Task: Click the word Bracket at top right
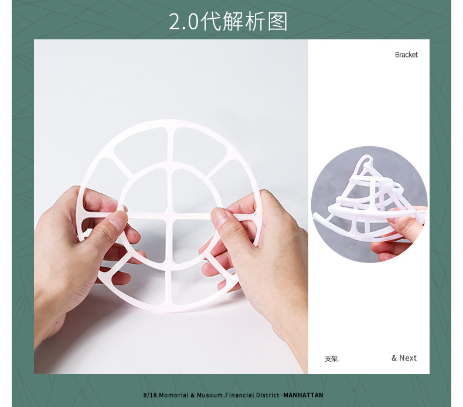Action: [x=406, y=55]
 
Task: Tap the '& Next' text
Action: [x=404, y=358]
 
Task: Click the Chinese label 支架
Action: [x=331, y=358]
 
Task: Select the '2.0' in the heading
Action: [x=183, y=22]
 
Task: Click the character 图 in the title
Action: [x=278, y=22]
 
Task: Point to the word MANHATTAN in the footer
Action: [x=303, y=395]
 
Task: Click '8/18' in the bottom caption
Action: [x=149, y=395]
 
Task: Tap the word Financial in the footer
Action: [x=240, y=395]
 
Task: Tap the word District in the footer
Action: [x=267, y=395]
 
